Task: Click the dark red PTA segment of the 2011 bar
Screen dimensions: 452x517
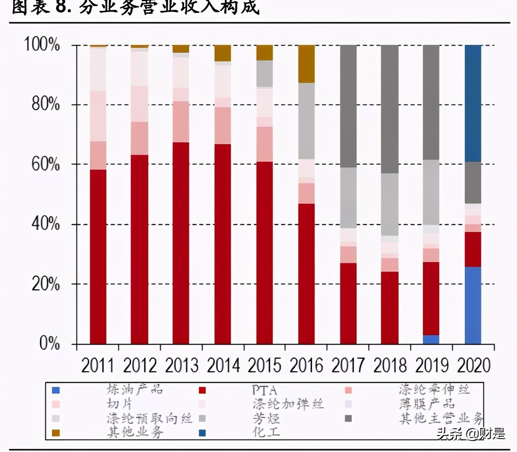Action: [x=98, y=256]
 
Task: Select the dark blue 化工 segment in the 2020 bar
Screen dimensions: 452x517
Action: [x=473, y=103]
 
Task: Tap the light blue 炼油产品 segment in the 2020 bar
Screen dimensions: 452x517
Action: [x=473, y=305]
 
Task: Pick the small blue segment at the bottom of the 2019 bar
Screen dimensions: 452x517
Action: [x=431, y=339]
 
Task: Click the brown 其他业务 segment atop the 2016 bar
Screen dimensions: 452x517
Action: [x=307, y=64]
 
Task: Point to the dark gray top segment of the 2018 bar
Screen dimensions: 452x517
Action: [x=390, y=109]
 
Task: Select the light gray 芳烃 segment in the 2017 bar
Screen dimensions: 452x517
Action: [x=348, y=198]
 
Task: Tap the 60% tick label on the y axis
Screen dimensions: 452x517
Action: [x=46, y=164]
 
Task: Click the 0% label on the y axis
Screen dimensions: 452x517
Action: [x=50, y=343]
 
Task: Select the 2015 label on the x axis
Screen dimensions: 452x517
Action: [x=264, y=365]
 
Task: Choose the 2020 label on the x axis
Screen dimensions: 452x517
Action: [x=474, y=365]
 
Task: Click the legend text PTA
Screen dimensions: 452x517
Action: [x=265, y=390]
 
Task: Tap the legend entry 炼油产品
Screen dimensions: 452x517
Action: [x=135, y=389]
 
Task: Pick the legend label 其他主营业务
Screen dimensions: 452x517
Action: [x=441, y=418]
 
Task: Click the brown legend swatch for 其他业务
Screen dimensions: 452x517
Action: [x=56, y=433]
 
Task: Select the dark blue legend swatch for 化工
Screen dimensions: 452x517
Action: [x=202, y=433]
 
